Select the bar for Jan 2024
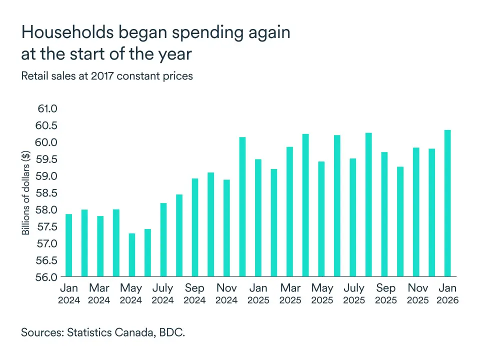(x=69, y=245)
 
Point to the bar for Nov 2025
(x=416, y=212)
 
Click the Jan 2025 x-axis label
(x=258, y=294)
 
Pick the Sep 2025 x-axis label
(x=385, y=294)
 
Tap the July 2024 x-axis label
(x=163, y=294)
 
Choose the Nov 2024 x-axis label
(x=226, y=294)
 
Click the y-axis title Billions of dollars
(x=26, y=193)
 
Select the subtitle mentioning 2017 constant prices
(x=106, y=76)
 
